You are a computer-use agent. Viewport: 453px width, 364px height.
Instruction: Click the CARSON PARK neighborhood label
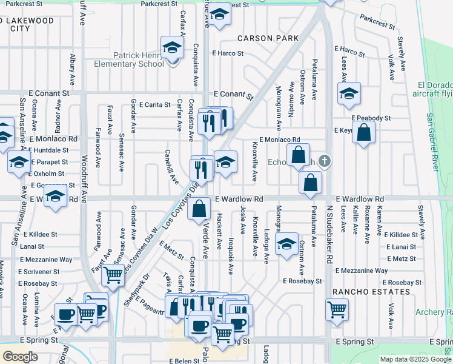(x=268, y=38)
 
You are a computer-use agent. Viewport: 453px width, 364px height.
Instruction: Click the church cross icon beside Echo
(x=325, y=161)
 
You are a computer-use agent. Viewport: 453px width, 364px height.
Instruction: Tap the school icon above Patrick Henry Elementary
(x=172, y=48)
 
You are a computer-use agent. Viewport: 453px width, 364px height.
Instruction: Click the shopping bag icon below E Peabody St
(x=363, y=133)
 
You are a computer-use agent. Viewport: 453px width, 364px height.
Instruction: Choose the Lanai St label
(x=32, y=246)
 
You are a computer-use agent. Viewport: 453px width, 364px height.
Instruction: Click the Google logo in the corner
(x=20, y=357)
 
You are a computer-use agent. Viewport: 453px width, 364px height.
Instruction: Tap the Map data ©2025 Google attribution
(x=415, y=359)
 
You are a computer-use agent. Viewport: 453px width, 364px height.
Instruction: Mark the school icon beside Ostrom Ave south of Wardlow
(x=286, y=244)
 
